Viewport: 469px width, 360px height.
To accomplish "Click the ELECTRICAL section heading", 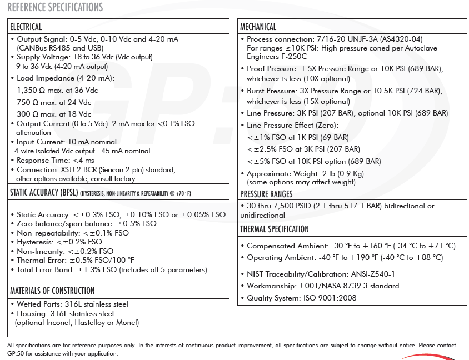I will click(26, 27).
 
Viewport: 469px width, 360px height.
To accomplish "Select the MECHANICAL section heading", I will click(258, 27).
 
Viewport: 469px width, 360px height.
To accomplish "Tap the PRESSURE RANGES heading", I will click(267, 194).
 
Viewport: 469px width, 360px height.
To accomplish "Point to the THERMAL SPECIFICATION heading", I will click(275, 229).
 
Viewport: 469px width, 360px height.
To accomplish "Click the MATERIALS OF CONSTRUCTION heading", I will click(52, 291).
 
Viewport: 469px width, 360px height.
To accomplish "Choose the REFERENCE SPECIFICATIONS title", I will click(55, 7).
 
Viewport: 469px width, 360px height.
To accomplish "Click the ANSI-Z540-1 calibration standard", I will click(372, 274).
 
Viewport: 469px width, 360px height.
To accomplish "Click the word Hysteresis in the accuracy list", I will click(34, 242).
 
